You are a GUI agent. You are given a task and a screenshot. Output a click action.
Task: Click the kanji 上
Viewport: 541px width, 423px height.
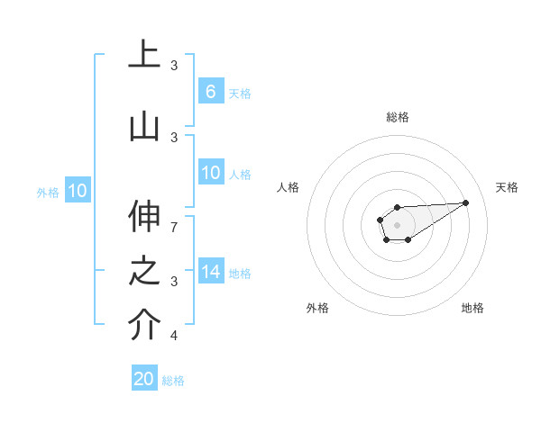coord(144,54)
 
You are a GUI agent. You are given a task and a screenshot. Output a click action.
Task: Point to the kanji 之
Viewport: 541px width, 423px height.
coord(144,271)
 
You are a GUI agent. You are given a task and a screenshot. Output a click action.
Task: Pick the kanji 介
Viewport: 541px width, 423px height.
coord(144,325)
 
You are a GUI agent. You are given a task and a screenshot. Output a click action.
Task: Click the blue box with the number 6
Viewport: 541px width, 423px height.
coord(211,92)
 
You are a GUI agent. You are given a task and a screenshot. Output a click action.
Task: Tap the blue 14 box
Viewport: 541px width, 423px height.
coord(211,272)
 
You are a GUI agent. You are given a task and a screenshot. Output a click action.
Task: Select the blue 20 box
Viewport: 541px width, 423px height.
coord(144,379)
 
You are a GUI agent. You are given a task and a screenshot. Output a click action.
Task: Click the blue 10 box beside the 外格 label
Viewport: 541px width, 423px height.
coord(77,191)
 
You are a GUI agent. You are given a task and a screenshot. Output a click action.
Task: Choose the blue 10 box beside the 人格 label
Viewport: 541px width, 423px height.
coord(211,173)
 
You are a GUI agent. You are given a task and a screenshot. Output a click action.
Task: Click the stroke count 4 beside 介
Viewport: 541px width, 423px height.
coord(174,336)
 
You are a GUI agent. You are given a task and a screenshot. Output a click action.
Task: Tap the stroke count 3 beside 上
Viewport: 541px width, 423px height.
coord(174,65)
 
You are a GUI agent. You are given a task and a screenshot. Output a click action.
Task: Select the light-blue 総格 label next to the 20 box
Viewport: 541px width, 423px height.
coord(173,381)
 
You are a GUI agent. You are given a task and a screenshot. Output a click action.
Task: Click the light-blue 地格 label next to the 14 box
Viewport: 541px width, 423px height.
coord(240,274)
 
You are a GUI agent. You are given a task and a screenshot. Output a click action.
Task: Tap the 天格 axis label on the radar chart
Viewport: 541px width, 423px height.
coord(507,187)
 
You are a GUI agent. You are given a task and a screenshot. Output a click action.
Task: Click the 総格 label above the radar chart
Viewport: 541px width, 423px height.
coord(398,117)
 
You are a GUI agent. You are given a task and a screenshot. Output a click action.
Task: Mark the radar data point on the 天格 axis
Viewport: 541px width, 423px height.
coord(465,202)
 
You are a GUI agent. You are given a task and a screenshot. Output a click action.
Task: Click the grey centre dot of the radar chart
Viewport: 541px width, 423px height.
coord(397,224)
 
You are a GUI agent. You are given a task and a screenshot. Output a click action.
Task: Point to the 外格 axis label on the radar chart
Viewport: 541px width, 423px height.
coord(317,308)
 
